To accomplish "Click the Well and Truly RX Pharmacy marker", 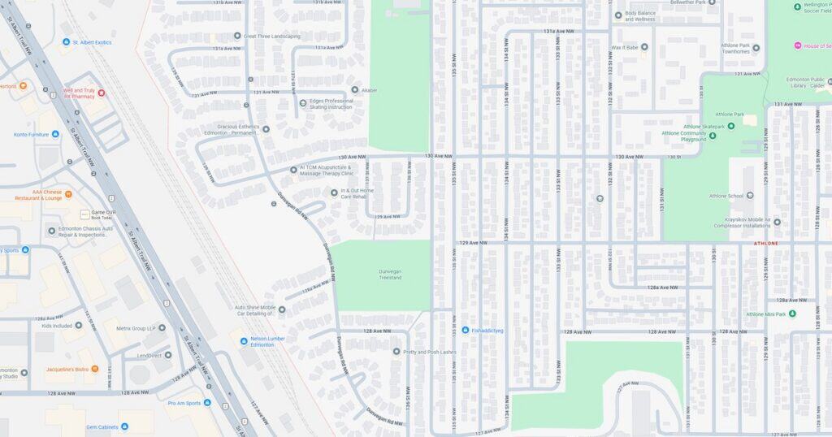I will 102,93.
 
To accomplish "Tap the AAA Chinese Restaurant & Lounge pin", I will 68,194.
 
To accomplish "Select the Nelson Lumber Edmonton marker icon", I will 244,341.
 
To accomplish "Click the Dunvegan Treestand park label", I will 379,274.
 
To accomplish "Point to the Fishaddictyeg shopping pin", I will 466,331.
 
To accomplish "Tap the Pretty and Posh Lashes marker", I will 396,352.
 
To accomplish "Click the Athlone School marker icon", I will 749,196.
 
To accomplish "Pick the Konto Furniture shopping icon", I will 55,134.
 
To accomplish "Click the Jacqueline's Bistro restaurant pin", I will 95,369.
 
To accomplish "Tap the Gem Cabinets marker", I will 124,426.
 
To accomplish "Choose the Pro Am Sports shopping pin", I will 207,403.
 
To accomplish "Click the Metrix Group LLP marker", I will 162,328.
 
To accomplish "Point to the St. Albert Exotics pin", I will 66,41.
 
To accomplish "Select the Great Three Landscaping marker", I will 237,36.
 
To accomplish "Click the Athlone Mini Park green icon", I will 792,314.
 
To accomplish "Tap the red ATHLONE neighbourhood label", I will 765,244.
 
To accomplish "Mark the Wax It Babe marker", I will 644,47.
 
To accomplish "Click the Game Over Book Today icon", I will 84,214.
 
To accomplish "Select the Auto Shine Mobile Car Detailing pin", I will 282,309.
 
